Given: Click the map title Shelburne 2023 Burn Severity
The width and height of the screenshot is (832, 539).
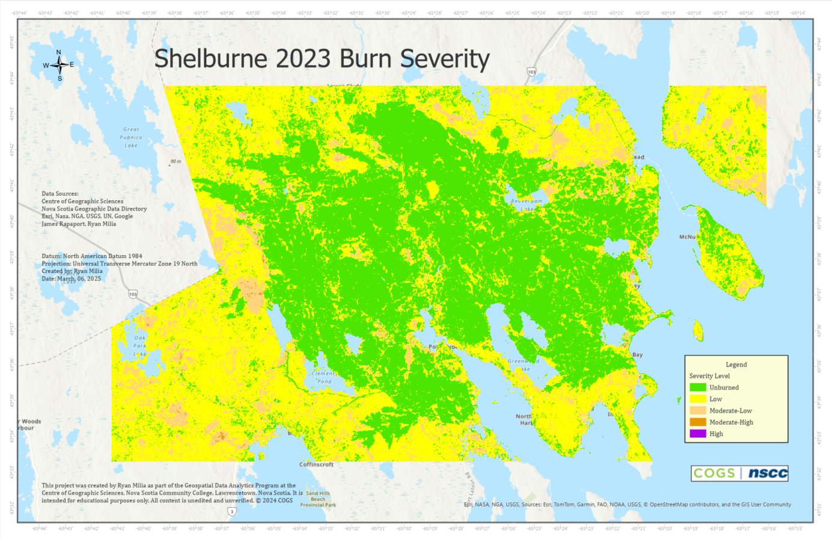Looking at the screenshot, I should coord(322,59).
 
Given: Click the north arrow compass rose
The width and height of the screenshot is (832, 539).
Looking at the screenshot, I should coord(59,65).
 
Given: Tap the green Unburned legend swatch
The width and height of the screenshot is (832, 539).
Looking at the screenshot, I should coord(697,387).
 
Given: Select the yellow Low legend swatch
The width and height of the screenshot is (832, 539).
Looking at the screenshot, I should coord(697,399).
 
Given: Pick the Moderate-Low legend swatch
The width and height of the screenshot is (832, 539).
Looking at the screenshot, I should coord(697,410).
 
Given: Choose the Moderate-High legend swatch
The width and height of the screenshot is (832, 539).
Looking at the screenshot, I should coord(697,422).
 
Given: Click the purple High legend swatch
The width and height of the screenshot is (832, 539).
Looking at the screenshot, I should coord(697,433).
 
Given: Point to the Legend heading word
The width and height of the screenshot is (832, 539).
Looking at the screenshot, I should coord(736,365).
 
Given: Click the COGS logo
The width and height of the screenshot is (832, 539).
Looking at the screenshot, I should coord(714,473).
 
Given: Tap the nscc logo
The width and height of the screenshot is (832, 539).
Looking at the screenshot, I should coord(767,473).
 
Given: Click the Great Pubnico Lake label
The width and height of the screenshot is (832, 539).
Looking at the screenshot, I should coord(131,137).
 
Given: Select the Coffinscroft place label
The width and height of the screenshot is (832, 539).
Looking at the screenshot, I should coord(316,464).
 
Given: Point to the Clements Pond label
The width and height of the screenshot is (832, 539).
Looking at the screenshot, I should coord(324,377).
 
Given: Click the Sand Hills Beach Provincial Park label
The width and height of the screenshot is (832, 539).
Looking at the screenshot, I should coord(318,499).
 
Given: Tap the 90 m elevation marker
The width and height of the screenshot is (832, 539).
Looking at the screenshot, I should coord(174,162).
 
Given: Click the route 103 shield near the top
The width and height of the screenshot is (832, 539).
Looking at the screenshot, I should coord(531,72).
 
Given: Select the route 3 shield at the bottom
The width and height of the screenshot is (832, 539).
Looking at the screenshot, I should coord(231,511).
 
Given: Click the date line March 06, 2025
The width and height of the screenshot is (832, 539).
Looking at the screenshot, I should coord(72,279).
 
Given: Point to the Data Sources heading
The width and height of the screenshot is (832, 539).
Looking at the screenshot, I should coord(60,194).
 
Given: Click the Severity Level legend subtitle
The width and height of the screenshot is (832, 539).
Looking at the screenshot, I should coord(709,376).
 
